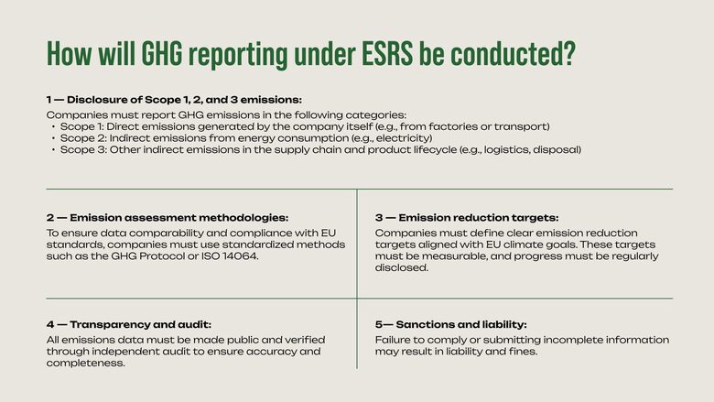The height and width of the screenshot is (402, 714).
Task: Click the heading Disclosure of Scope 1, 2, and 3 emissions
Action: [x=184, y=100]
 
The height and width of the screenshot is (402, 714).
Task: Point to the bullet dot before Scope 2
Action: [x=53, y=138]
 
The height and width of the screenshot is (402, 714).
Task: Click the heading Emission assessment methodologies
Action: [x=178, y=218]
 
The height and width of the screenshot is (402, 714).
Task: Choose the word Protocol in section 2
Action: [x=163, y=255]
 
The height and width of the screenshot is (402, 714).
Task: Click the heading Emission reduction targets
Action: [x=479, y=218]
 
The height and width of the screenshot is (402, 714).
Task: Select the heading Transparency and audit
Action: [x=140, y=324]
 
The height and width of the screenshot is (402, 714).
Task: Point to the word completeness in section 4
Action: [x=86, y=363]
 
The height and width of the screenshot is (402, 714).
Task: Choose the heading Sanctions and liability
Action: [x=461, y=324]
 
